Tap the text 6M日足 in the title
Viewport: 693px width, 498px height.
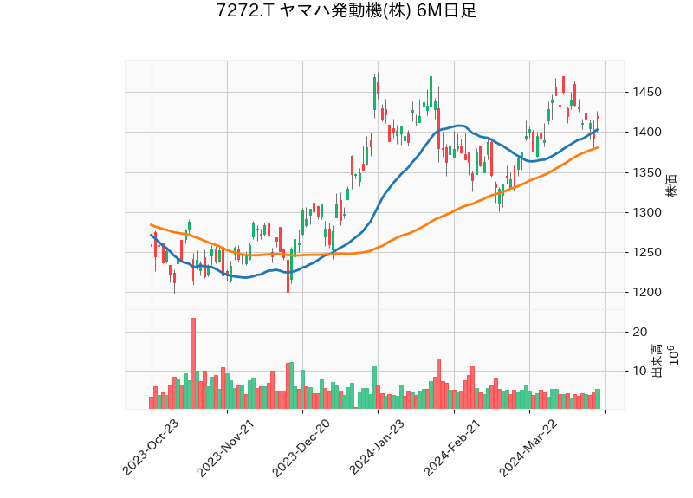(446, 11)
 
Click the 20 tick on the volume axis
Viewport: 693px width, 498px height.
(641, 332)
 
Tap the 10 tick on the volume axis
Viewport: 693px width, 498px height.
(641, 371)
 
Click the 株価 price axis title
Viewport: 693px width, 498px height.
(671, 184)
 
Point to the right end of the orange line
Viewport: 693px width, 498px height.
(598, 147)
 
